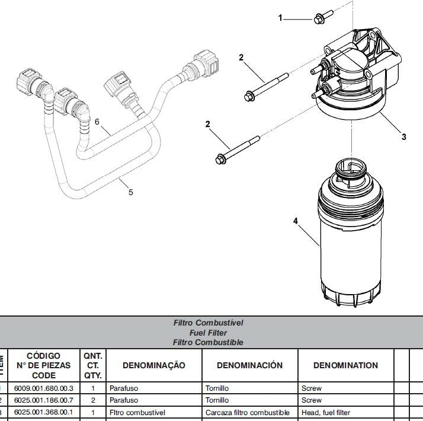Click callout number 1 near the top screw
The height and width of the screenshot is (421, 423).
[x=281, y=18]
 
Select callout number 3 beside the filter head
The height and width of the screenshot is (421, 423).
[x=403, y=137]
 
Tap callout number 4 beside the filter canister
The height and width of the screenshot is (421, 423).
[x=295, y=222]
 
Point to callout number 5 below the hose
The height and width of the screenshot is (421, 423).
[x=131, y=192]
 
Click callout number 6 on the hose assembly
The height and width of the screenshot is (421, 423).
[x=98, y=122]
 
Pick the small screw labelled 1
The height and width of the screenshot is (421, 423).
[x=318, y=18]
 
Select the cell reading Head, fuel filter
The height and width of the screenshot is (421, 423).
[x=326, y=412]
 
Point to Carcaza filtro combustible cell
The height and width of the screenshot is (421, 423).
[x=248, y=412]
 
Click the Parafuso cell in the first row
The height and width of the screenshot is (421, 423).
[x=124, y=388]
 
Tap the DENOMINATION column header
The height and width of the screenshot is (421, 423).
[x=345, y=365]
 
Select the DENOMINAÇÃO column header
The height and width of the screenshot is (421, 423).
[x=153, y=365]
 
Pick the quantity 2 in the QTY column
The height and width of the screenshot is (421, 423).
[x=93, y=400]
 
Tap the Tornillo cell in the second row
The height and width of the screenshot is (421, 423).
[x=217, y=400]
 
